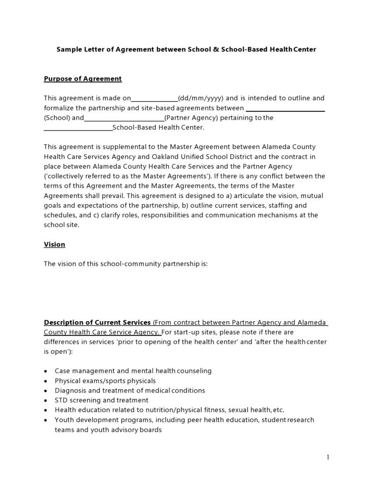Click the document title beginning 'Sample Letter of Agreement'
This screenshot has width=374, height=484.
(186, 49)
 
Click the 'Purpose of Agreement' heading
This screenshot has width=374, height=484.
(83, 79)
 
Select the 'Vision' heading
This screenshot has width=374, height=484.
(54, 244)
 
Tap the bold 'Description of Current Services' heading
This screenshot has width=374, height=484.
(98, 323)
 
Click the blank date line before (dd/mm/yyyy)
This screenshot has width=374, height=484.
(154, 99)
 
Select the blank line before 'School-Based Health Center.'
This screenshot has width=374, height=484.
(78, 128)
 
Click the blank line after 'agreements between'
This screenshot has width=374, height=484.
(285, 109)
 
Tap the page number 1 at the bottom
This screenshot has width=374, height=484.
(328, 457)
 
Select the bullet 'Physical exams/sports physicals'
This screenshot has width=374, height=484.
(105, 381)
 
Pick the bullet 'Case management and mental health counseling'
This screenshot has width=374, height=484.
(133, 371)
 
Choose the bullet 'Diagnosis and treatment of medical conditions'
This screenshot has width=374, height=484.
(130, 391)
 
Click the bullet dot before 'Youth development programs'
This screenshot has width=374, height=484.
(45, 420)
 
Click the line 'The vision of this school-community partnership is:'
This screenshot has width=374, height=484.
(125, 264)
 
